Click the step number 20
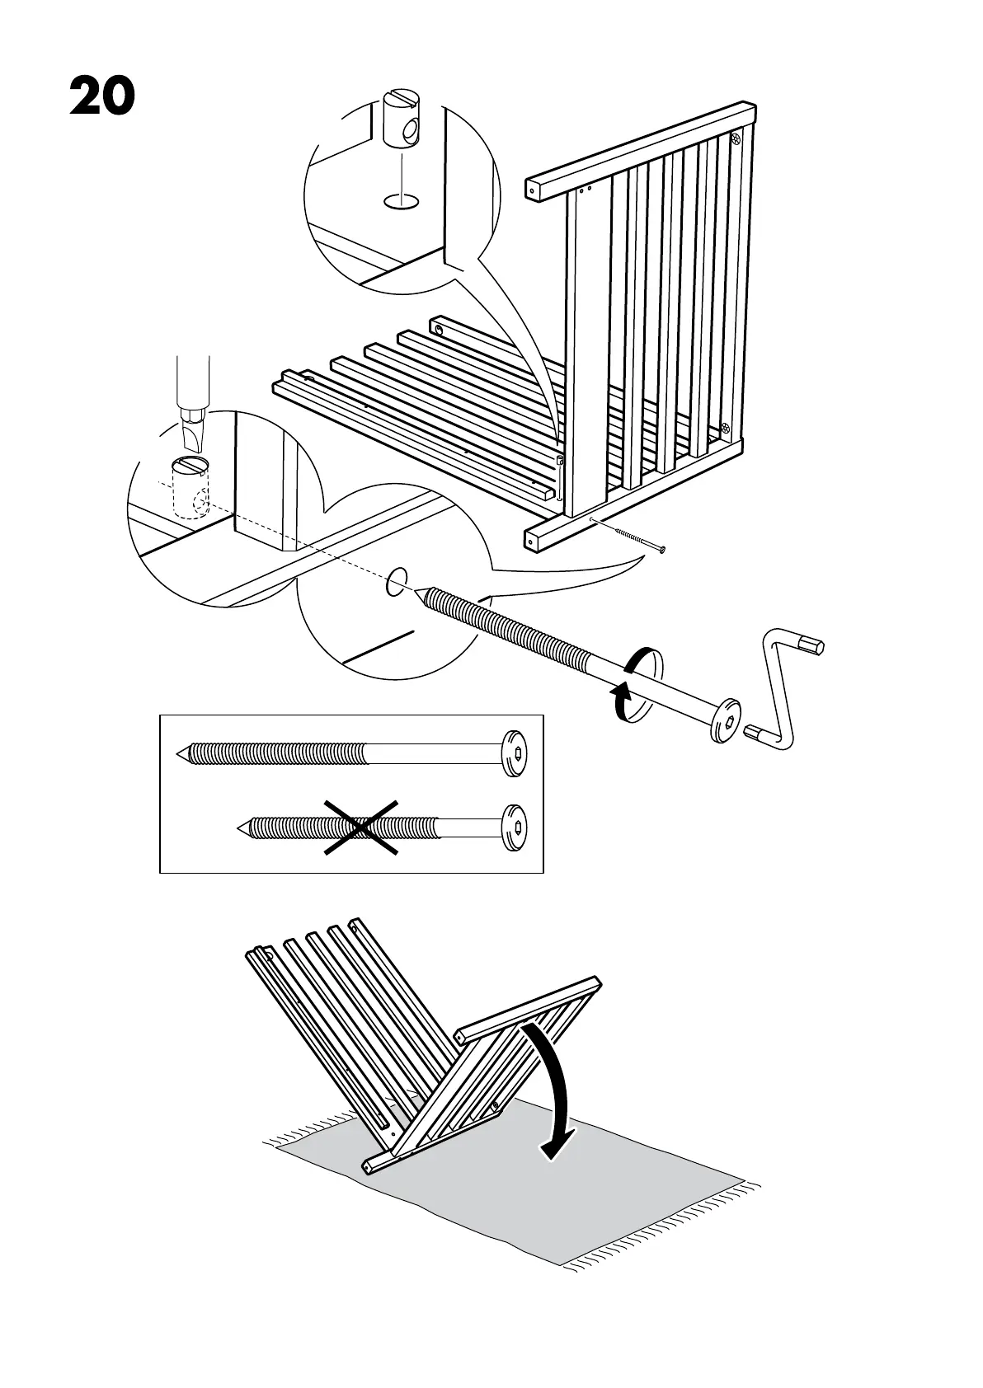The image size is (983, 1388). point(102,96)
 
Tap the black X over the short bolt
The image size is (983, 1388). point(361,827)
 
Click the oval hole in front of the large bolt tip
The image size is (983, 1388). point(397,580)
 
